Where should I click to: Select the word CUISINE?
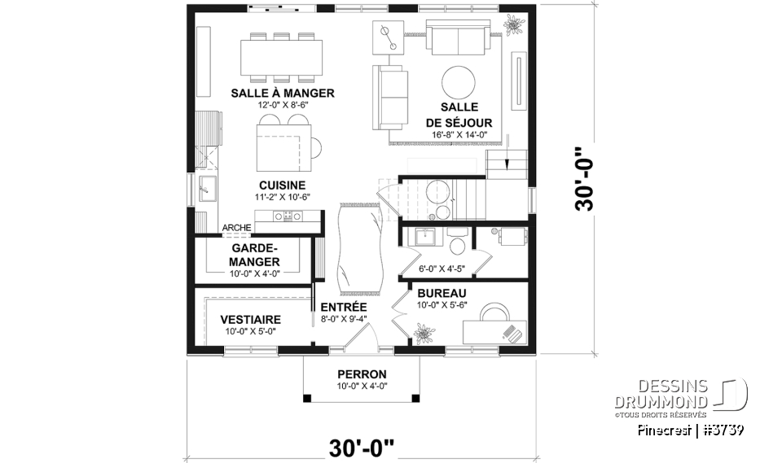(282, 185)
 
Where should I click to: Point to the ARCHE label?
(236, 228)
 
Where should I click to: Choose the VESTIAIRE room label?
(251, 320)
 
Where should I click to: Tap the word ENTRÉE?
(343, 307)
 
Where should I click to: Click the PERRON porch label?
(359, 374)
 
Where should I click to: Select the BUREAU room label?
(441, 293)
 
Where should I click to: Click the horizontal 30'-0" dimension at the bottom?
(362, 447)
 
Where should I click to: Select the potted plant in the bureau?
(423, 333)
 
